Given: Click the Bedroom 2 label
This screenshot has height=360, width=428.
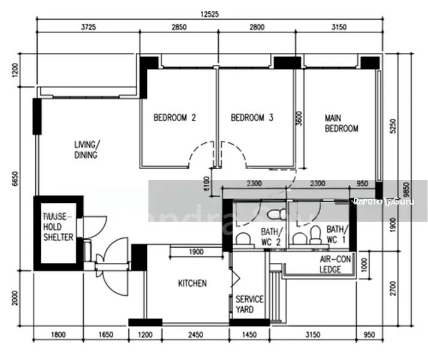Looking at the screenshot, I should (x=174, y=118).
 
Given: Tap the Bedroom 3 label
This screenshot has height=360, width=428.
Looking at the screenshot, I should (x=252, y=118).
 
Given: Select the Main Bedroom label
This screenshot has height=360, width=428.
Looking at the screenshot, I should (x=341, y=123).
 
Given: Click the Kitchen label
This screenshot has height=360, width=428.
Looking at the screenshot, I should (x=192, y=283).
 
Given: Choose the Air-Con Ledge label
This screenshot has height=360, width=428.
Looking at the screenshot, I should (x=330, y=265).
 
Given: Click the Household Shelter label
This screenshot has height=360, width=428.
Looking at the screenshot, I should (x=58, y=227).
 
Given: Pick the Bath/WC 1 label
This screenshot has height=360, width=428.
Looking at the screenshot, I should (x=336, y=234).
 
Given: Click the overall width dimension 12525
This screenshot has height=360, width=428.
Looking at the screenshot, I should (x=209, y=13).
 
